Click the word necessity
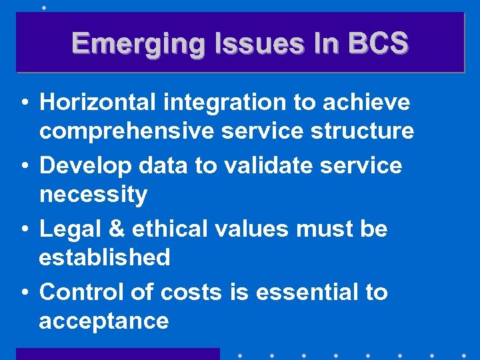[x=93, y=195]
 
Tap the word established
[x=105, y=257]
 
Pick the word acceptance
[x=103, y=321]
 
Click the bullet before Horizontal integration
[x=24, y=103]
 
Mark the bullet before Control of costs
[x=24, y=293]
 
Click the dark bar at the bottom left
[x=117, y=354]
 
